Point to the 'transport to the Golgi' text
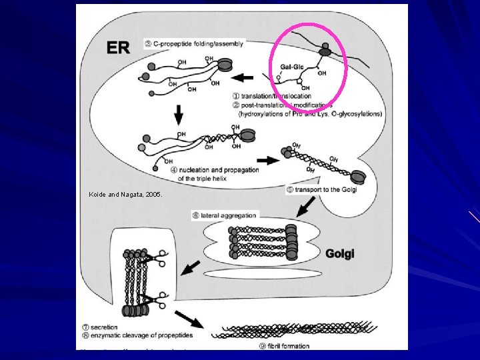pos(326,190)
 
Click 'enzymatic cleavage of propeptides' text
pos(137,335)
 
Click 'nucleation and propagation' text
pos(219,170)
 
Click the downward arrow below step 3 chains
pos(179,115)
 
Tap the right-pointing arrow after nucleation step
pos(269,160)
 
